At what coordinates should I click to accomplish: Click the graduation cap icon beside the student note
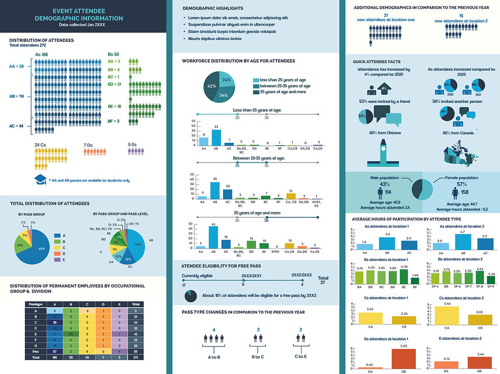coord(40,179)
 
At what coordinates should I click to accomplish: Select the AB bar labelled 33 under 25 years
coord(216,138)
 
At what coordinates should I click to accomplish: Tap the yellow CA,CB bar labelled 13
coord(291,196)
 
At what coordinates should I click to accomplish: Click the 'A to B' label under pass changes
coord(215,357)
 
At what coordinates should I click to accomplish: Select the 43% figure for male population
coord(385,184)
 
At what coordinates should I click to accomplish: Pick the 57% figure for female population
coord(462,184)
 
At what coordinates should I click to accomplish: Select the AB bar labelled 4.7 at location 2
coord(462,242)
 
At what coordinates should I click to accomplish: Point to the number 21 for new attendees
coord(386,16)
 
